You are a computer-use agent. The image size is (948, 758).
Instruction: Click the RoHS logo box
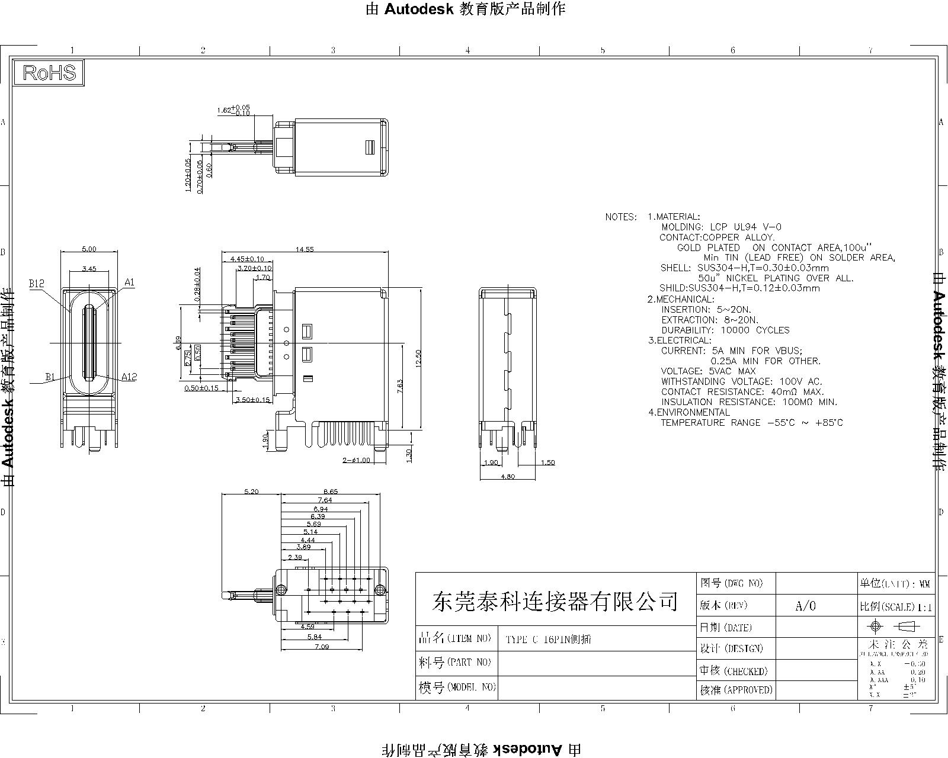pyautogui.click(x=50, y=73)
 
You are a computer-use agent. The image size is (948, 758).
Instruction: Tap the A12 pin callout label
pyautogui.click(x=129, y=377)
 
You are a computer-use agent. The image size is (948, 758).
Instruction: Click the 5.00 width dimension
pyautogui.click(x=89, y=250)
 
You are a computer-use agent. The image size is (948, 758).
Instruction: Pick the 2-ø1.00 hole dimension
pyautogui.click(x=356, y=460)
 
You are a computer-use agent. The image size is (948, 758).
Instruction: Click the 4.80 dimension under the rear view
pyautogui.click(x=507, y=476)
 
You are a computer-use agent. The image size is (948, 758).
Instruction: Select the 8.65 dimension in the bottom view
pyautogui.click(x=331, y=492)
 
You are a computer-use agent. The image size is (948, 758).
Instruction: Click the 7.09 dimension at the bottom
pyautogui.click(x=322, y=647)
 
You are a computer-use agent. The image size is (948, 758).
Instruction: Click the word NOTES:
pyautogui.click(x=621, y=217)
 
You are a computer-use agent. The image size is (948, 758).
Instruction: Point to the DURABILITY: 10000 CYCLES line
pyautogui.click(x=725, y=330)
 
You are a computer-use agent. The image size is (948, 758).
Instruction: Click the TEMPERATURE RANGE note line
pyautogui.click(x=751, y=422)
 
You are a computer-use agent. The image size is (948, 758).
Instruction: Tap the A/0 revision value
pyautogui.click(x=805, y=606)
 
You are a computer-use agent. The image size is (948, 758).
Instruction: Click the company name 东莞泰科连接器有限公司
pyautogui.click(x=555, y=601)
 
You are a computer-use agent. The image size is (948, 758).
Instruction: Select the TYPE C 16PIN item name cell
pyautogui.click(x=548, y=640)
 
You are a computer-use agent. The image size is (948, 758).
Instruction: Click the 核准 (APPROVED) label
pyautogui.click(x=736, y=690)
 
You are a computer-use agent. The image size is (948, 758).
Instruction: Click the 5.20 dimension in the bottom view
pyautogui.click(x=251, y=492)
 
